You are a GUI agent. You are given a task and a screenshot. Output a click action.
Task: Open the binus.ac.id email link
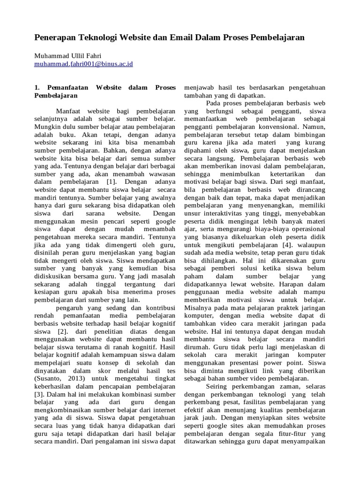coord(83,63)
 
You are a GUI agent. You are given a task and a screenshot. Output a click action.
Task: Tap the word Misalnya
coord(199,308)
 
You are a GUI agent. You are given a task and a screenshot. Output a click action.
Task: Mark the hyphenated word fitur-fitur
coord(292,434)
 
